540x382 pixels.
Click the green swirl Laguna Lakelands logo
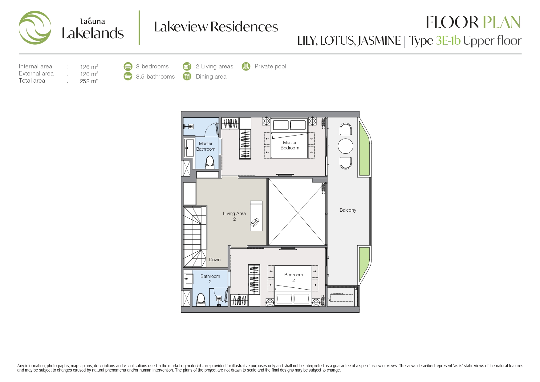tap(35, 28)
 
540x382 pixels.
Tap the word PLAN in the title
tap(501, 22)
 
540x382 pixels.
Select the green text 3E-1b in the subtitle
tap(448, 41)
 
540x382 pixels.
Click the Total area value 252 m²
tap(89, 81)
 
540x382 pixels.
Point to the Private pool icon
tap(246, 66)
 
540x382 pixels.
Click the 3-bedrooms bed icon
tap(128, 66)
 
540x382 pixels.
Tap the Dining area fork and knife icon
tap(187, 76)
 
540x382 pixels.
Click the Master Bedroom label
tap(290, 145)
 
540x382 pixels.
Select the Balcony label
tap(348, 210)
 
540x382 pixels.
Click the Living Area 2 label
tap(234, 216)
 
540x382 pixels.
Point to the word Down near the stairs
tap(215, 260)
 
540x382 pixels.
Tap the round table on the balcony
tap(346, 146)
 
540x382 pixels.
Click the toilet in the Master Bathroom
tap(210, 162)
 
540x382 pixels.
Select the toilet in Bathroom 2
tap(201, 299)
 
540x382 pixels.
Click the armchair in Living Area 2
tap(255, 222)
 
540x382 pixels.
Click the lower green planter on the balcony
tap(364, 265)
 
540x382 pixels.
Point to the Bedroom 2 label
tap(294, 277)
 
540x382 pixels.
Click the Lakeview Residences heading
tap(216, 27)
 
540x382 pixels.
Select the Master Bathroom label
tap(206, 146)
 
